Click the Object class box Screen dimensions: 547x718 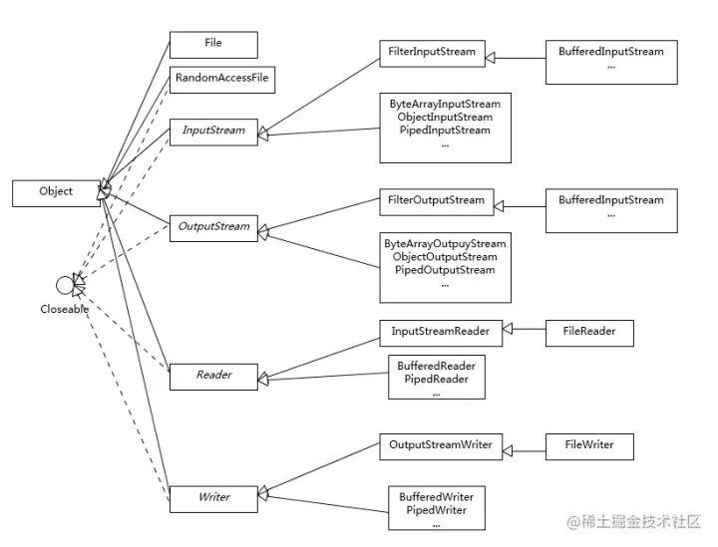(56, 192)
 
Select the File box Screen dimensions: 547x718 (213, 45)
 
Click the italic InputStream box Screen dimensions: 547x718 (213, 131)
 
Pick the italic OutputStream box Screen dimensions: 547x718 (213, 226)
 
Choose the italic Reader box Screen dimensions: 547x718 (213, 376)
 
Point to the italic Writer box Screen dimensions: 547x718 (213, 497)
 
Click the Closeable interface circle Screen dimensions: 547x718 (65, 287)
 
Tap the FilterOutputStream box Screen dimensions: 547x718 (436, 200)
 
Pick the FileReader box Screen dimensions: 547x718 (589, 332)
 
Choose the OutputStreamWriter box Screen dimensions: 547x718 (441, 445)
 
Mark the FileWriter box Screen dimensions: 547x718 (589, 445)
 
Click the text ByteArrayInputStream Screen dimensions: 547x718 (444, 104)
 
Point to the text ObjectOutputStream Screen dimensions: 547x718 (444, 257)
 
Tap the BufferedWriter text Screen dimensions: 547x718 (437, 497)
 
